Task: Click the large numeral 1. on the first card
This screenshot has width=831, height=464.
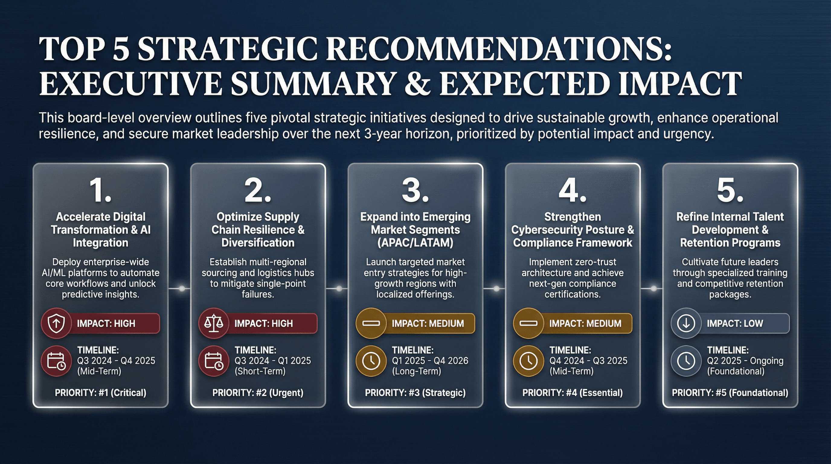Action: point(100,191)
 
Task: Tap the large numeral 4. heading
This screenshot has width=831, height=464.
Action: point(572,191)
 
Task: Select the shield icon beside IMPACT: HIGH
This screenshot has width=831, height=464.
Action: point(56,323)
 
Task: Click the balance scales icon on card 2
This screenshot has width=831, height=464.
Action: point(213,323)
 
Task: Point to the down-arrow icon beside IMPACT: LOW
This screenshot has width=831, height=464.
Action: point(686,323)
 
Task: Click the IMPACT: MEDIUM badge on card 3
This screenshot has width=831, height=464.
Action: point(428,323)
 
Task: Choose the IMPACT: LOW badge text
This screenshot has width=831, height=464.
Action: point(735,323)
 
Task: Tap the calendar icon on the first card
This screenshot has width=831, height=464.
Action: point(56,361)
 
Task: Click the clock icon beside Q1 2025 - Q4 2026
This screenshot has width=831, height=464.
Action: point(371,361)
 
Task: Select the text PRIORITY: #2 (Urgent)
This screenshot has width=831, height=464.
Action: point(258,393)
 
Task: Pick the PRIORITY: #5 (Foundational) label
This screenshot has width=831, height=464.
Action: point(730,393)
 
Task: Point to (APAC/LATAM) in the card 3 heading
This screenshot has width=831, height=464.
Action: point(415,243)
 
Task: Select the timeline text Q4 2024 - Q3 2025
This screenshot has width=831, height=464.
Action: point(589,360)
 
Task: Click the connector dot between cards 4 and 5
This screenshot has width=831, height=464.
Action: point(653,288)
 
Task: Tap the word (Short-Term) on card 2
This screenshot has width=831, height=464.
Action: point(260,371)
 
